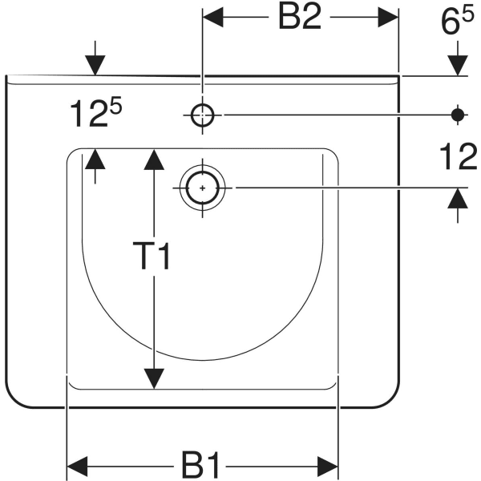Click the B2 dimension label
pyautogui.click(x=300, y=18)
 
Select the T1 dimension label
pyautogui.click(x=151, y=256)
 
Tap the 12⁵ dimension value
pyautogui.click(x=96, y=112)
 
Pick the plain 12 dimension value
pyautogui.click(x=459, y=156)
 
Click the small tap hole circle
pyautogui.click(x=202, y=115)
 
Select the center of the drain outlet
pyautogui.click(x=202, y=188)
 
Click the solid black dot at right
pyautogui.click(x=458, y=115)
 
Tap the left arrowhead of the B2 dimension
pyautogui.click(x=213, y=17)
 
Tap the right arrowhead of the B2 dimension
pyautogui.click(x=388, y=17)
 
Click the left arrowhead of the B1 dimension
pyautogui.click(x=77, y=467)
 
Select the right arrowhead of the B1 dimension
pyautogui.click(x=327, y=467)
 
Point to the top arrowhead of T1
pyautogui.click(x=154, y=160)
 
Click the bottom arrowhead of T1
pyautogui.click(x=154, y=379)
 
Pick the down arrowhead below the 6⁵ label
pyautogui.click(x=458, y=66)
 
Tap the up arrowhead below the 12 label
pyautogui.click(x=458, y=198)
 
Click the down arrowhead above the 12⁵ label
pyautogui.click(x=95, y=65)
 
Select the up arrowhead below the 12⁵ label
pyautogui.click(x=95, y=159)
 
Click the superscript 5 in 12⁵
pyautogui.click(x=116, y=104)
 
